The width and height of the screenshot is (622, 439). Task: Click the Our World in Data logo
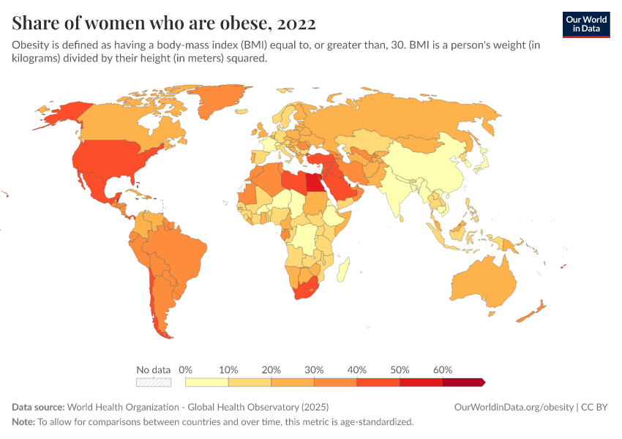click(585, 24)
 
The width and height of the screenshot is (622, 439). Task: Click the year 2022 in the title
click(296, 23)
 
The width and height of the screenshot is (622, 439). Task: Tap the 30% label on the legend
click(314, 369)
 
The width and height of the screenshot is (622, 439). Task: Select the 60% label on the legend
click(443, 369)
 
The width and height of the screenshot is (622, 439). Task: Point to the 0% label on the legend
click(186, 369)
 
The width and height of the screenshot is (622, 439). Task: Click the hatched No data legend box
click(154, 382)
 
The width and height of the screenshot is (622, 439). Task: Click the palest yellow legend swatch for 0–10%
click(207, 382)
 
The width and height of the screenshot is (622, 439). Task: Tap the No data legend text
click(154, 369)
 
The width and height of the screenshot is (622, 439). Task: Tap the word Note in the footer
click(23, 421)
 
